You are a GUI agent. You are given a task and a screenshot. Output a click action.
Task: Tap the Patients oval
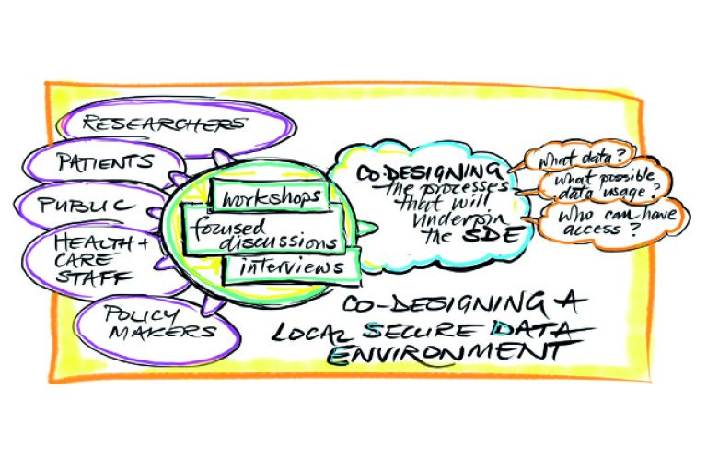pos(104,163)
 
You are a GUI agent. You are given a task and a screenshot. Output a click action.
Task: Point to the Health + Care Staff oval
pos(104,260)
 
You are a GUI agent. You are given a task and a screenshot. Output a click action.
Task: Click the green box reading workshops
pos(267,196)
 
